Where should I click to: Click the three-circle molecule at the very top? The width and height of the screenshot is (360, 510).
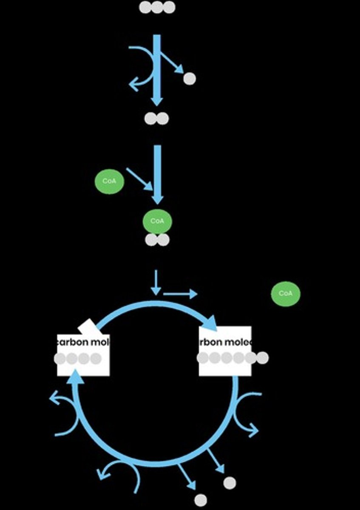pos(157,7)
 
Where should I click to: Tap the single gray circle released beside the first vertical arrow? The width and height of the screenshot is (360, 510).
pos(190,79)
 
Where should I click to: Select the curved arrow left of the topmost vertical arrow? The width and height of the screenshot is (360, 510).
pos(142,68)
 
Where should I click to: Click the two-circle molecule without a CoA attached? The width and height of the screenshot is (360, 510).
pos(156,119)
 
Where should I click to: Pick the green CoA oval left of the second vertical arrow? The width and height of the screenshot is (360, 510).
pos(109,181)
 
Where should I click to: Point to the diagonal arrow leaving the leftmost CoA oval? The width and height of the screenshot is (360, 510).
pos(139,178)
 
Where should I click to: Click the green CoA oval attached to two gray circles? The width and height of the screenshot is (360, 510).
pos(157,221)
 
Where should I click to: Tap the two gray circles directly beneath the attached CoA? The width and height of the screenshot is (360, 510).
pos(157,240)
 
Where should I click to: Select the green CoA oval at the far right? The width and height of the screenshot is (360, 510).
pos(286,294)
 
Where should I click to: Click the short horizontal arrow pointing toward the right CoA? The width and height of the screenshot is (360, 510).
pos(180,294)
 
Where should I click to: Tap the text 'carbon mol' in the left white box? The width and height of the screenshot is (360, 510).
pos(84,341)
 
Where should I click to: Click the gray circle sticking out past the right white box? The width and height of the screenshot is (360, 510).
pos(262,358)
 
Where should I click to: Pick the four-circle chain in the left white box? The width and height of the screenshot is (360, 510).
pos(78,359)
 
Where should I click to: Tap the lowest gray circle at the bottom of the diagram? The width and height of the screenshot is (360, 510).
pos(201,500)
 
